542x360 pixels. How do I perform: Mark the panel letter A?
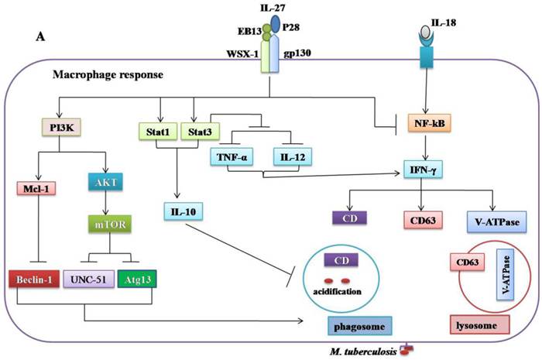39,36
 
